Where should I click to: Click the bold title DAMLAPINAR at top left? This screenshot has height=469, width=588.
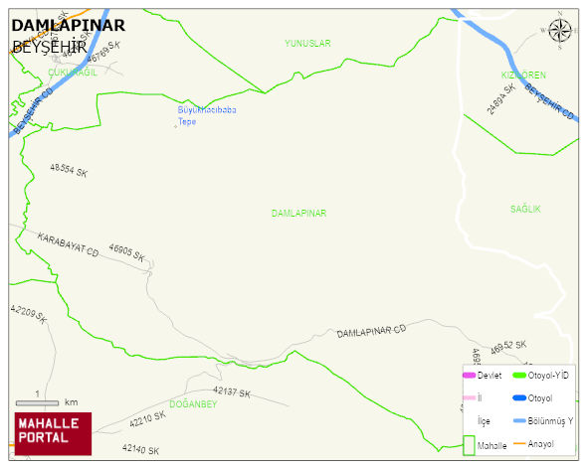pos(68,26)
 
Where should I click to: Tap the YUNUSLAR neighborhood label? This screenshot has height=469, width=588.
pos(307,44)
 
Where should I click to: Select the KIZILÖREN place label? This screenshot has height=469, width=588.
pos(523,76)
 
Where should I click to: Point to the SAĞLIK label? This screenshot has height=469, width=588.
pos(525,210)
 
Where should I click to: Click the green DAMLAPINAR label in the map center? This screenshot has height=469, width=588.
pos(298,214)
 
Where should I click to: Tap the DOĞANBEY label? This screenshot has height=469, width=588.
pos(193,403)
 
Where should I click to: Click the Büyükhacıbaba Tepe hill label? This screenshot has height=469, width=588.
pos(207,115)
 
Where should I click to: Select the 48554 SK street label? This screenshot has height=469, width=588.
pos(69,172)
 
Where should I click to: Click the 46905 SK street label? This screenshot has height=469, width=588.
pos(128,254)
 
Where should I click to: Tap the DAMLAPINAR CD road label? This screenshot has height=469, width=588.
pos(371,331)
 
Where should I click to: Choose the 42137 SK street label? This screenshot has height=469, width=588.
pos(232,393)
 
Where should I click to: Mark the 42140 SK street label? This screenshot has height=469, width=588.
pos(141,450)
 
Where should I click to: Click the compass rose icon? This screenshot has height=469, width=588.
pos(561,33)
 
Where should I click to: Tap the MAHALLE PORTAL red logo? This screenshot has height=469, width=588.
pos(53,433)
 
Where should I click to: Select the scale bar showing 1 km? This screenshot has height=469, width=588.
pos(38,401)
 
